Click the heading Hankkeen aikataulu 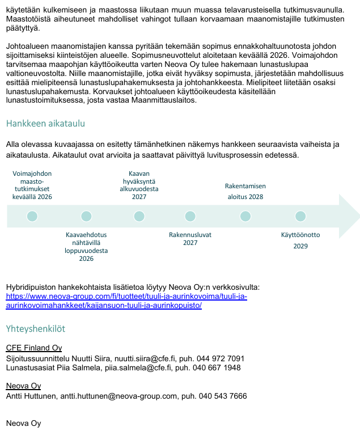coord(45,124)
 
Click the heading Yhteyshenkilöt coord(35,328)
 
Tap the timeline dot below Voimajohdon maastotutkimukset coord(32,216)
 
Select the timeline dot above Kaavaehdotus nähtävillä coord(86,216)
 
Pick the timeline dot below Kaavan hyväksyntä coord(139,216)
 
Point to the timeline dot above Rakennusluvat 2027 coord(190,216)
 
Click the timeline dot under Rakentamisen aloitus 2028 coord(245,216)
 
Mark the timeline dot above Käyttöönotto coord(300,216)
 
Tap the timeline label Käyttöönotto coord(300,235)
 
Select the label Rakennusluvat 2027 coord(190,238)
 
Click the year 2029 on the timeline coord(300,246)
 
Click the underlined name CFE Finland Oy coord(34,348)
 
